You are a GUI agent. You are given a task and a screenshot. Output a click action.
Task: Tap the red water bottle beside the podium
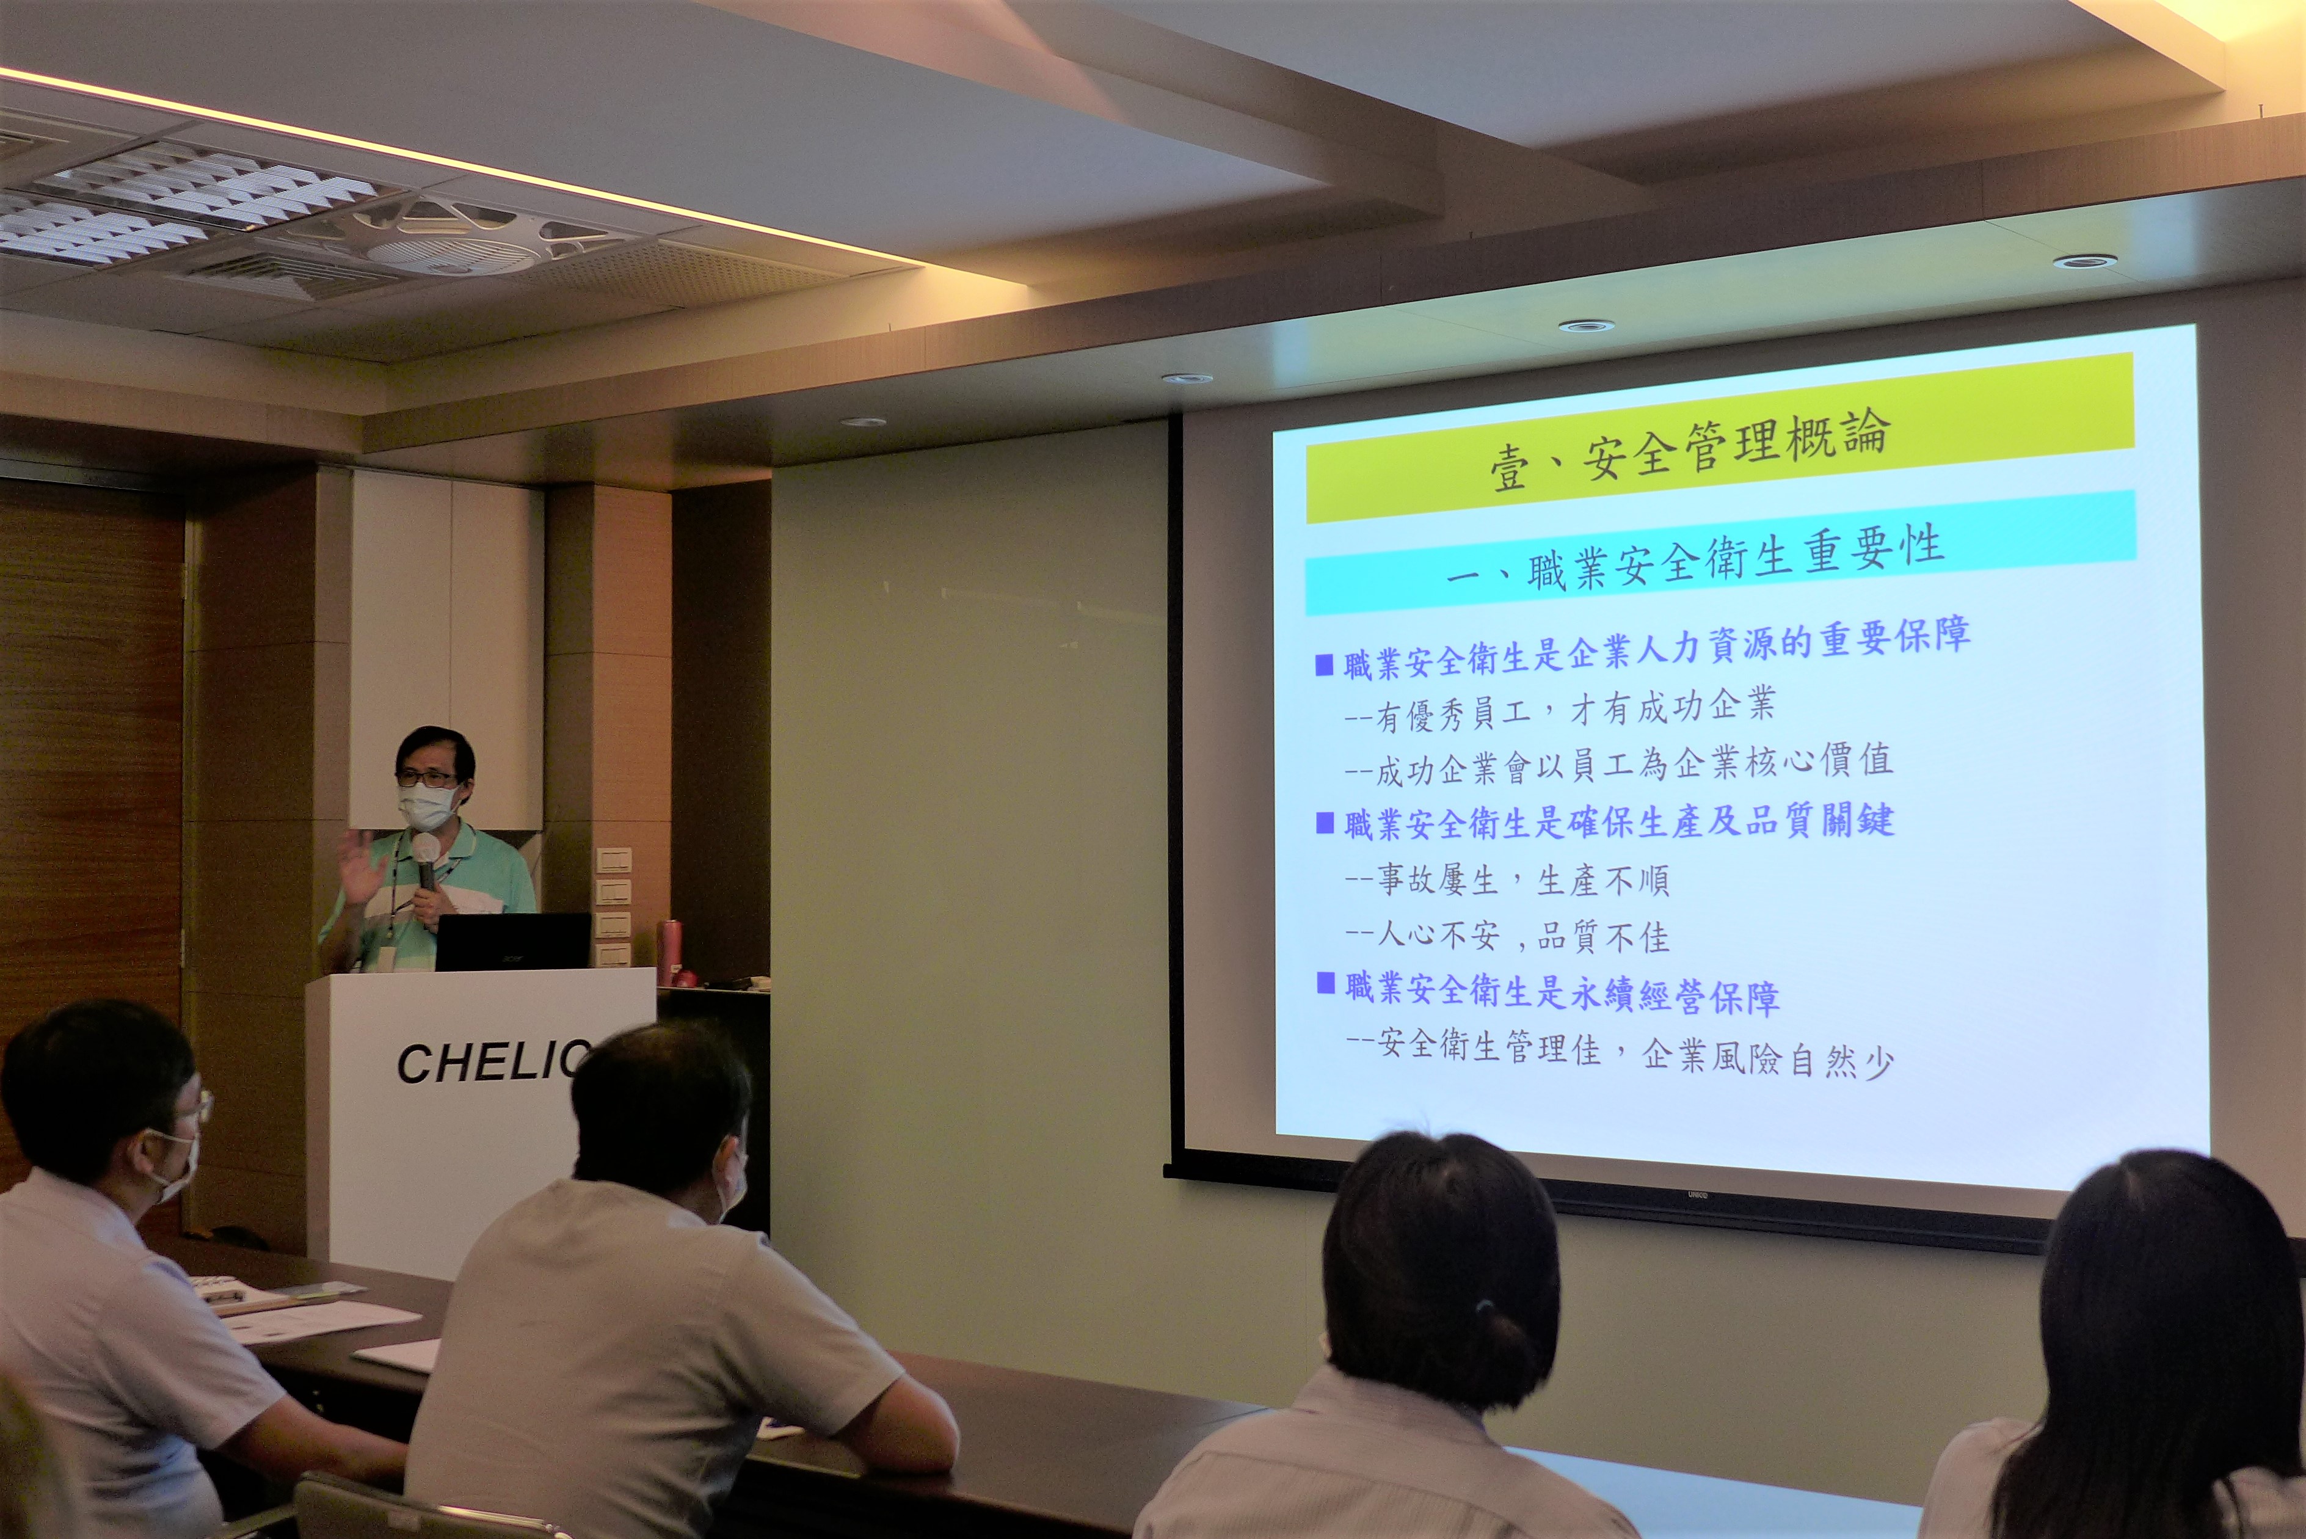coord(669,952)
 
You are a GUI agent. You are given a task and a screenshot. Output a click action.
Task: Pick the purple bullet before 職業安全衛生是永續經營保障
coord(1326,983)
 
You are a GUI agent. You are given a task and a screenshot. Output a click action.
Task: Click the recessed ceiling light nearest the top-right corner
coord(2085,261)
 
